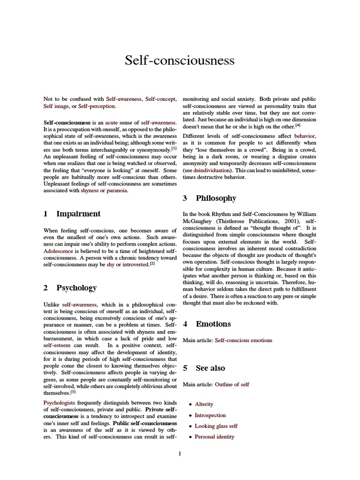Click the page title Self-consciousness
point(180,60)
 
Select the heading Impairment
point(78,214)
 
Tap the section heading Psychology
point(76,288)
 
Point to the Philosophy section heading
point(216,198)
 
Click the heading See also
point(210,368)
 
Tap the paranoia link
point(117,191)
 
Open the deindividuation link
point(212,171)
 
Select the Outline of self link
point(232,384)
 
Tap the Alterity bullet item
point(204,404)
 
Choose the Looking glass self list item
point(216,426)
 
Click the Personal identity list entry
point(214,437)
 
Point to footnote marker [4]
point(298,125)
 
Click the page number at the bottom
point(180,453)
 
